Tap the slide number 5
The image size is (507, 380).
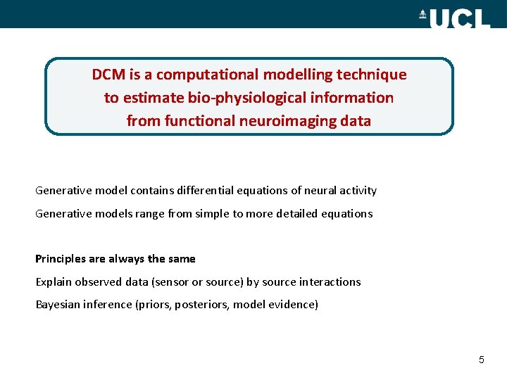pos(482,360)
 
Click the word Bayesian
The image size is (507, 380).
pos(58,305)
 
